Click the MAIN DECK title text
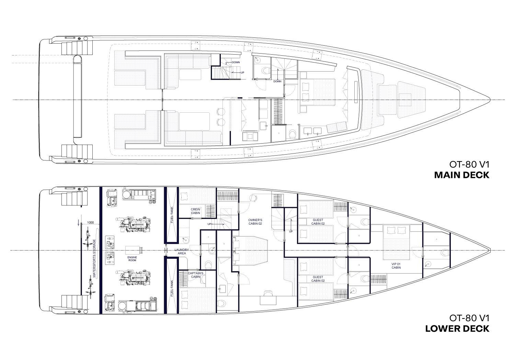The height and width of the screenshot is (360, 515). pyautogui.click(x=462, y=175)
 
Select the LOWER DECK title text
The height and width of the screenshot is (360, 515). pyautogui.click(x=457, y=329)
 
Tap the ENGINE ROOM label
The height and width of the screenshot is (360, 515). pyautogui.click(x=132, y=259)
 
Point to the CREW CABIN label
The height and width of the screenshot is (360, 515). pyautogui.click(x=195, y=211)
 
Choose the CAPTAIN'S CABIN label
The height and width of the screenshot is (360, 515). pyautogui.click(x=195, y=275)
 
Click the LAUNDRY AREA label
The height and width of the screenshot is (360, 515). pyautogui.click(x=182, y=251)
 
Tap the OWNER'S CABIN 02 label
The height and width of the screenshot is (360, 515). pyautogui.click(x=255, y=222)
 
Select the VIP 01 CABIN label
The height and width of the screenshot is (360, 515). pyautogui.click(x=396, y=266)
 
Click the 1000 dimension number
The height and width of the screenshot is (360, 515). pyautogui.click(x=91, y=223)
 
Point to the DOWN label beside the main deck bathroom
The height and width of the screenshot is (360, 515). pyautogui.click(x=277, y=81)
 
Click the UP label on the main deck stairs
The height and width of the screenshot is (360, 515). pyautogui.click(x=242, y=72)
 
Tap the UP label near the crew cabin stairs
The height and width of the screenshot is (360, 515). pyautogui.click(x=209, y=224)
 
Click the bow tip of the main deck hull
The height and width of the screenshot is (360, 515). pyautogui.click(x=490, y=100)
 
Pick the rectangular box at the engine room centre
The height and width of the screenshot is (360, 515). pyautogui.click(x=134, y=250)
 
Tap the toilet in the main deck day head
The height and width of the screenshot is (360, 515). pyautogui.click(x=266, y=70)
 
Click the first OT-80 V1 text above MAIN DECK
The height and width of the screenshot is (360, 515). pyautogui.click(x=469, y=165)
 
